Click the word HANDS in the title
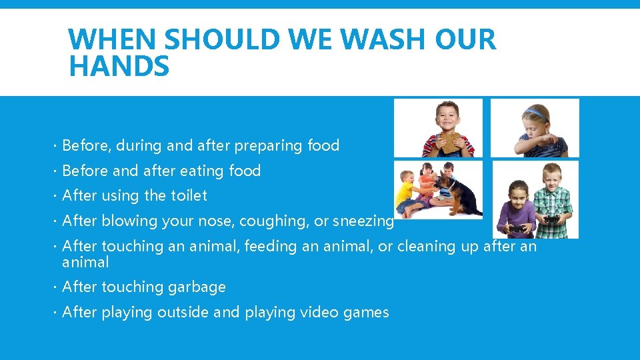click(x=119, y=67)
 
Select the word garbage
click(x=197, y=287)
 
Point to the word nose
click(x=213, y=221)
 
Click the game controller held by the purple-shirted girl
click(x=517, y=229)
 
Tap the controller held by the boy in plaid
click(x=553, y=219)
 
